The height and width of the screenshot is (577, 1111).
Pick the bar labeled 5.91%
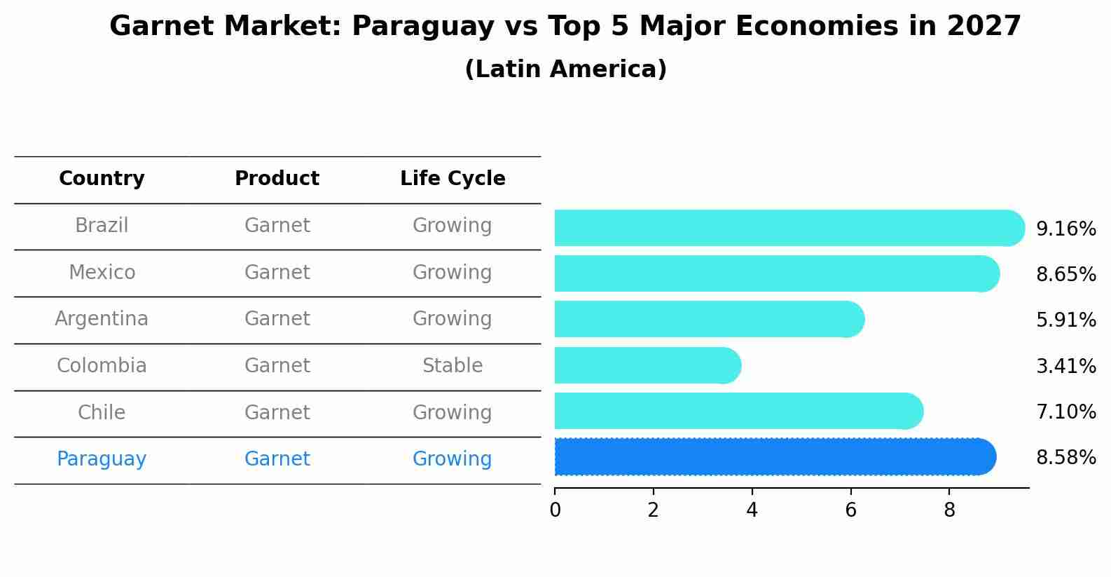(x=708, y=319)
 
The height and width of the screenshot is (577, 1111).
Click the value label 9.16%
(x=1065, y=229)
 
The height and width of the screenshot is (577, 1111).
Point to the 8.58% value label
(x=1065, y=458)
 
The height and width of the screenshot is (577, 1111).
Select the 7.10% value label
(x=1065, y=412)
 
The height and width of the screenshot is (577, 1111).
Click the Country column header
(x=102, y=179)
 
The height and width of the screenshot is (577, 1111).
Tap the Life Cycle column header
(x=453, y=179)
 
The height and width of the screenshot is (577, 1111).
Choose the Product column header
(x=277, y=179)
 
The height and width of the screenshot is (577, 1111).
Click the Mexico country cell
(x=102, y=272)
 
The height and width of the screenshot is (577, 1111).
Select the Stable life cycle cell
(x=453, y=366)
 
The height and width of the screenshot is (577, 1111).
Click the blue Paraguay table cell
(x=102, y=459)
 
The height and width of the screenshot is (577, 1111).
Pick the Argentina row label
(x=102, y=319)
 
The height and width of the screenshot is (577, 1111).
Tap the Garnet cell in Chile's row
(x=277, y=412)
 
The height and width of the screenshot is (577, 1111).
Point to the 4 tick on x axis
(x=752, y=510)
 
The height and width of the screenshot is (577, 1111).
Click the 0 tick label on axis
(x=555, y=510)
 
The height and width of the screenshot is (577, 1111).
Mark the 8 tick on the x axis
(x=949, y=510)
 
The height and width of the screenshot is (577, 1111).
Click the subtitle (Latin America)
(x=565, y=69)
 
